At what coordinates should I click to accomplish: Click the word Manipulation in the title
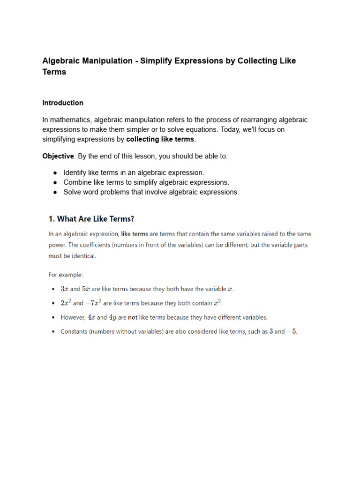pyautogui.click(x=104, y=61)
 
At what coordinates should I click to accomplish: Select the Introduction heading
pyautogui.click(x=63, y=103)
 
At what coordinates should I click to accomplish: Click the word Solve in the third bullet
pyautogui.click(x=73, y=192)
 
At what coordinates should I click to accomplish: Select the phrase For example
pyautogui.click(x=65, y=274)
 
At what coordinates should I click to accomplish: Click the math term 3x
pyautogui.click(x=64, y=289)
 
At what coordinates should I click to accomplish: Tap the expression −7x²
pyautogui.click(x=93, y=303)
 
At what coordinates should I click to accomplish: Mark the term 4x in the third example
pyautogui.click(x=91, y=317)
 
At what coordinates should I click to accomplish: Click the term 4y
pyautogui.click(x=112, y=317)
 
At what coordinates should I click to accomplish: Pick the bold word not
pyautogui.click(x=133, y=317)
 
